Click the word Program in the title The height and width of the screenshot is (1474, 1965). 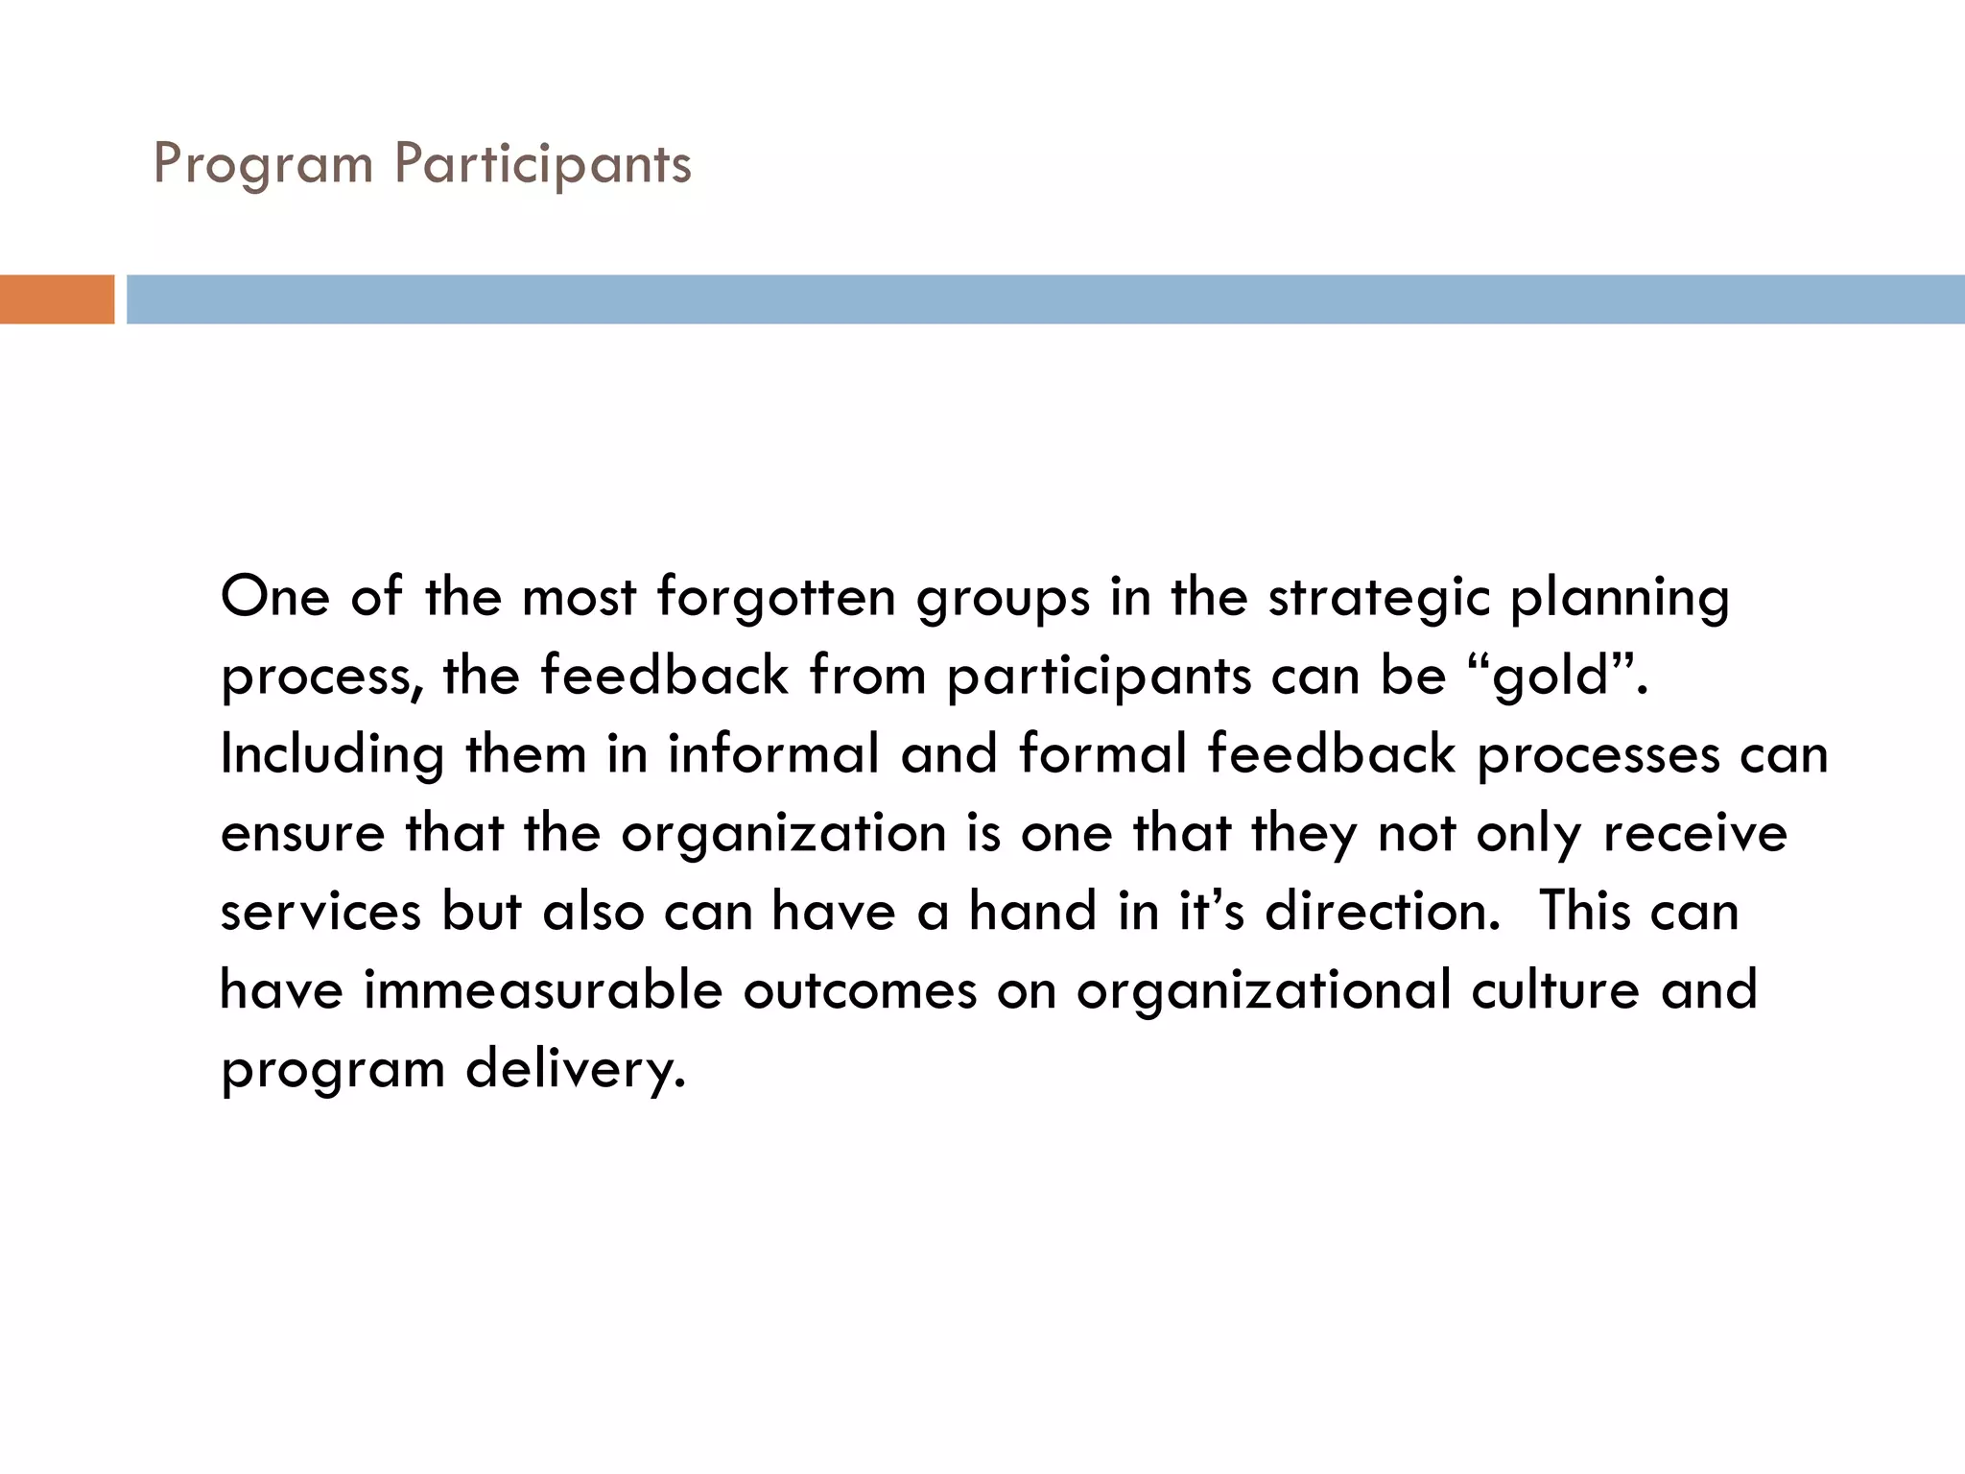[263, 165]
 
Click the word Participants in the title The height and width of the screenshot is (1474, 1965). [543, 165]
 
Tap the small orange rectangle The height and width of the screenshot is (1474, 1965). [57, 299]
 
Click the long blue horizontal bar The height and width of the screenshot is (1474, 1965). [1044, 299]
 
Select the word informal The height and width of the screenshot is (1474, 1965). [773, 753]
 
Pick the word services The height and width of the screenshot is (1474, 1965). [320, 912]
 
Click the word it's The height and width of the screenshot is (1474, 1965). [1211, 911]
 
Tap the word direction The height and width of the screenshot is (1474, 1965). [1382, 911]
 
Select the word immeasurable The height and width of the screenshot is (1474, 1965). [542, 990]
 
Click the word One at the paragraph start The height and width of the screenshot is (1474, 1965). [275, 597]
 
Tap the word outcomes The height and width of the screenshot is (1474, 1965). [860, 990]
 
